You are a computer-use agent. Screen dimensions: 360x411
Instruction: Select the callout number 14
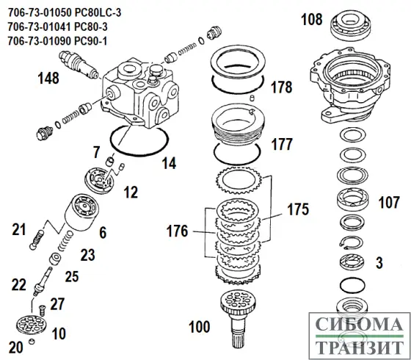pyautogui.click(x=169, y=164)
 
